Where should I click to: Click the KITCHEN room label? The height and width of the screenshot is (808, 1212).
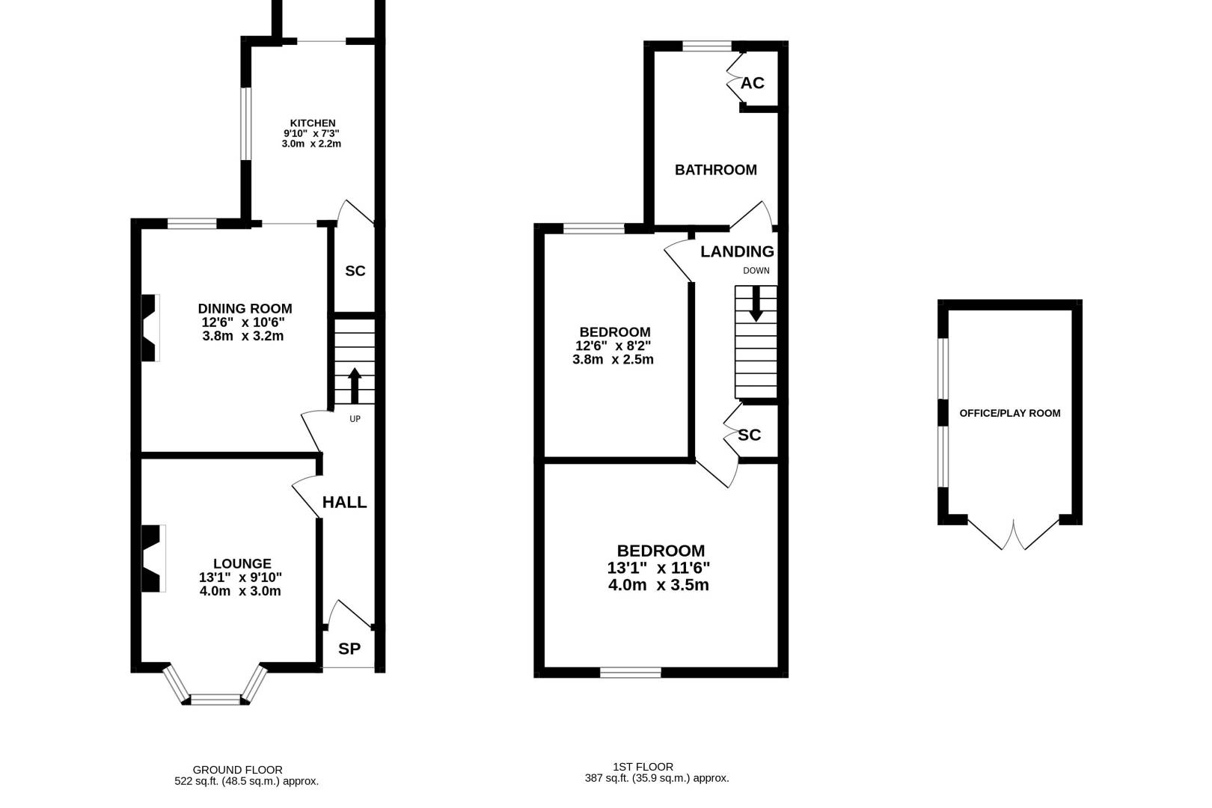coord(313,123)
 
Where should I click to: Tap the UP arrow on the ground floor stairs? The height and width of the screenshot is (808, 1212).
coord(355,386)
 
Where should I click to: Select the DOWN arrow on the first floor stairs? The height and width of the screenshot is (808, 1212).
coord(756,303)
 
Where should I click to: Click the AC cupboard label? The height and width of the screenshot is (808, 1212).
coord(753,83)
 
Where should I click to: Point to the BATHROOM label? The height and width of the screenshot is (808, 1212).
coord(715,170)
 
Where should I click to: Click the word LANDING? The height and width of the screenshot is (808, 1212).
coord(737,251)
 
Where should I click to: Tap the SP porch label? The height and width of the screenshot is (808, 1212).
coord(349,649)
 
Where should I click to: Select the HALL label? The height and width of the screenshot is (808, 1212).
coord(344,502)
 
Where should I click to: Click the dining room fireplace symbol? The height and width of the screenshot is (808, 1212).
coord(150,328)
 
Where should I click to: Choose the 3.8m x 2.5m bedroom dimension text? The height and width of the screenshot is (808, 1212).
coord(613,359)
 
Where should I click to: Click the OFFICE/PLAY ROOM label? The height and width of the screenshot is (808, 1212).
coord(1009,413)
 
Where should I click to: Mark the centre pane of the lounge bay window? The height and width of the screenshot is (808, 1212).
coord(215,700)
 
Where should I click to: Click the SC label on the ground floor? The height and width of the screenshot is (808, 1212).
coord(355,271)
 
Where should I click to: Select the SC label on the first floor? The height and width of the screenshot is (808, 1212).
coord(749,435)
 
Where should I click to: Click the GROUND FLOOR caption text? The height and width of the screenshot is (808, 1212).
coord(237,769)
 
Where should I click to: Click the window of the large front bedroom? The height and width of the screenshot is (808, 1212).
coord(630,673)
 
